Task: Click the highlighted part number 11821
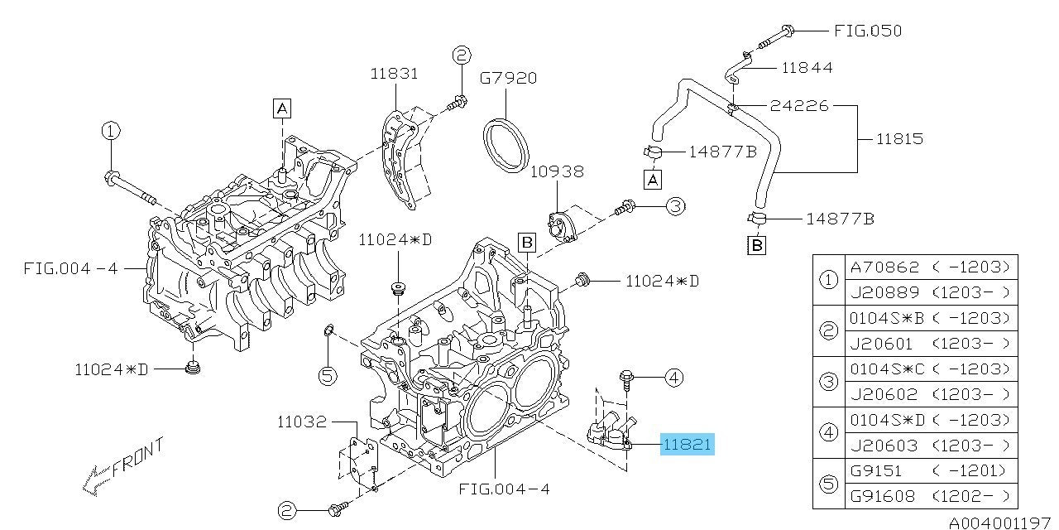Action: click(687, 445)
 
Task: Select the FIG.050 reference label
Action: click(867, 31)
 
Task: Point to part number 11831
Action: click(394, 74)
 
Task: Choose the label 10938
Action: click(558, 171)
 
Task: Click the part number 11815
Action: click(901, 138)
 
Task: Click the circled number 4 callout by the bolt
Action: click(673, 378)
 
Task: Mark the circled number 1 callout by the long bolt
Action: click(111, 131)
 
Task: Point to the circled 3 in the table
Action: click(828, 381)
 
